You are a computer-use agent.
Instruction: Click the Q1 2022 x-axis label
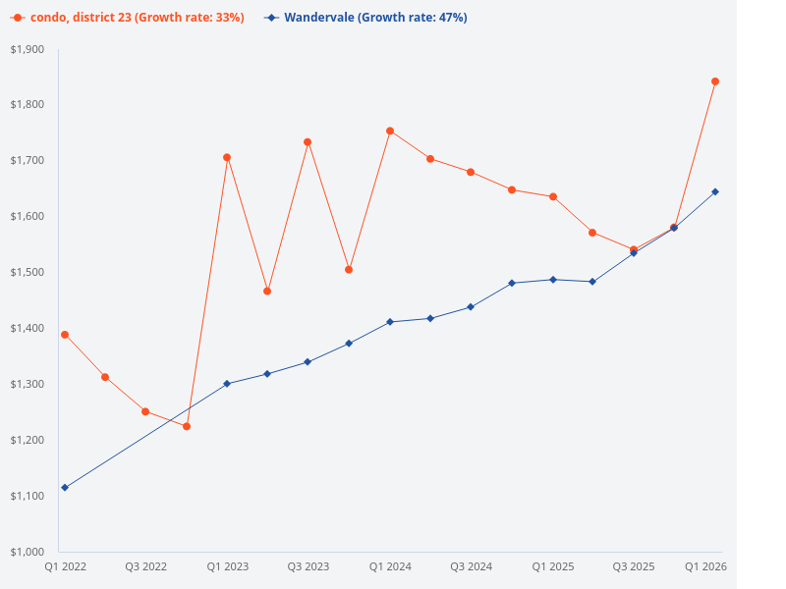point(65,566)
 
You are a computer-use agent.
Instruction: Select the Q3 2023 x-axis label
point(308,566)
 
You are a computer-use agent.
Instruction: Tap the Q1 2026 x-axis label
point(705,566)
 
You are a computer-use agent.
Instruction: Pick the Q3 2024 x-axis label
point(471,566)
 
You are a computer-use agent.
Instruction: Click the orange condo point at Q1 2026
point(715,81)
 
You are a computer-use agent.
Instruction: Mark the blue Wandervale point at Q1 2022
point(65,487)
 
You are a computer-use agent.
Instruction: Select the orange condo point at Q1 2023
point(227,157)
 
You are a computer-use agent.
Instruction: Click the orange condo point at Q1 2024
point(390,131)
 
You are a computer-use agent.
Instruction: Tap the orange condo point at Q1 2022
point(65,335)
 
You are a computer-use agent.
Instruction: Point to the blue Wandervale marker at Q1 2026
point(715,191)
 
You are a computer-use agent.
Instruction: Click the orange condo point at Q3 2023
point(308,142)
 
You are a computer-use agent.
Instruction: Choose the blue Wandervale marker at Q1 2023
point(227,384)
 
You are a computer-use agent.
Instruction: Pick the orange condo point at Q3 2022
point(145,411)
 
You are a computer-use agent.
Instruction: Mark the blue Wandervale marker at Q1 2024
point(390,322)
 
